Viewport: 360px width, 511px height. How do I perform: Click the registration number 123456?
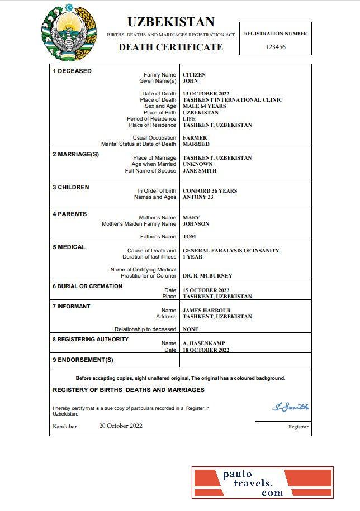click(275, 47)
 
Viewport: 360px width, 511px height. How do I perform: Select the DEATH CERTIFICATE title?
click(170, 47)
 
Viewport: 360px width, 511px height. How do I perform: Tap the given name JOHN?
click(191, 81)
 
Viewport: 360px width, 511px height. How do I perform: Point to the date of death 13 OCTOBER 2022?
click(206, 94)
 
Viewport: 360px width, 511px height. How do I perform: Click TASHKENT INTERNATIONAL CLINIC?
click(233, 100)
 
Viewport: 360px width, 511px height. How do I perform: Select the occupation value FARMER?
click(195, 137)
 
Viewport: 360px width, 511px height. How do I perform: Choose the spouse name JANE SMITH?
click(200, 171)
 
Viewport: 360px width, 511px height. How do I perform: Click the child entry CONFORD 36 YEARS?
click(210, 191)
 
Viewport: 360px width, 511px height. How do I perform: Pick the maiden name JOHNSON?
click(196, 224)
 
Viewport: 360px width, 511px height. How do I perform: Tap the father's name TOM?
click(189, 237)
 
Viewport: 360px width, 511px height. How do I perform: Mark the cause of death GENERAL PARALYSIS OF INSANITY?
click(231, 251)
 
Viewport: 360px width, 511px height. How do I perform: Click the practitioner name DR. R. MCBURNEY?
click(207, 276)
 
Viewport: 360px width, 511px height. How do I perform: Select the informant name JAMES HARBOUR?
click(207, 311)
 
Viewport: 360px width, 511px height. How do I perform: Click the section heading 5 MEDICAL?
click(69, 247)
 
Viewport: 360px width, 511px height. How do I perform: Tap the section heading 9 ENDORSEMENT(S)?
click(83, 360)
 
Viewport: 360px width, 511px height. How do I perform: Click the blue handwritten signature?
click(290, 407)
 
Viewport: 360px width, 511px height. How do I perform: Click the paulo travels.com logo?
click(262, 483)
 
